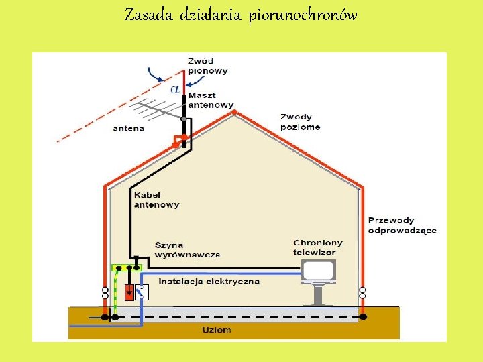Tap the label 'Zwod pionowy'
208,66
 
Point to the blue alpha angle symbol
174,88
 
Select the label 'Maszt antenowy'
211,101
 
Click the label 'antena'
128,128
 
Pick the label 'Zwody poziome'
300,122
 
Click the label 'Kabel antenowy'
156,200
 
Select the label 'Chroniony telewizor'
318,247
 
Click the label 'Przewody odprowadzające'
402,225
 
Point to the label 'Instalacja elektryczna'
209,282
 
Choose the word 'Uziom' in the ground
217,329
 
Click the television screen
318,271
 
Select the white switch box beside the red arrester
142,291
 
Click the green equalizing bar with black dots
127,267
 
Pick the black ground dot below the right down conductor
363,316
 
